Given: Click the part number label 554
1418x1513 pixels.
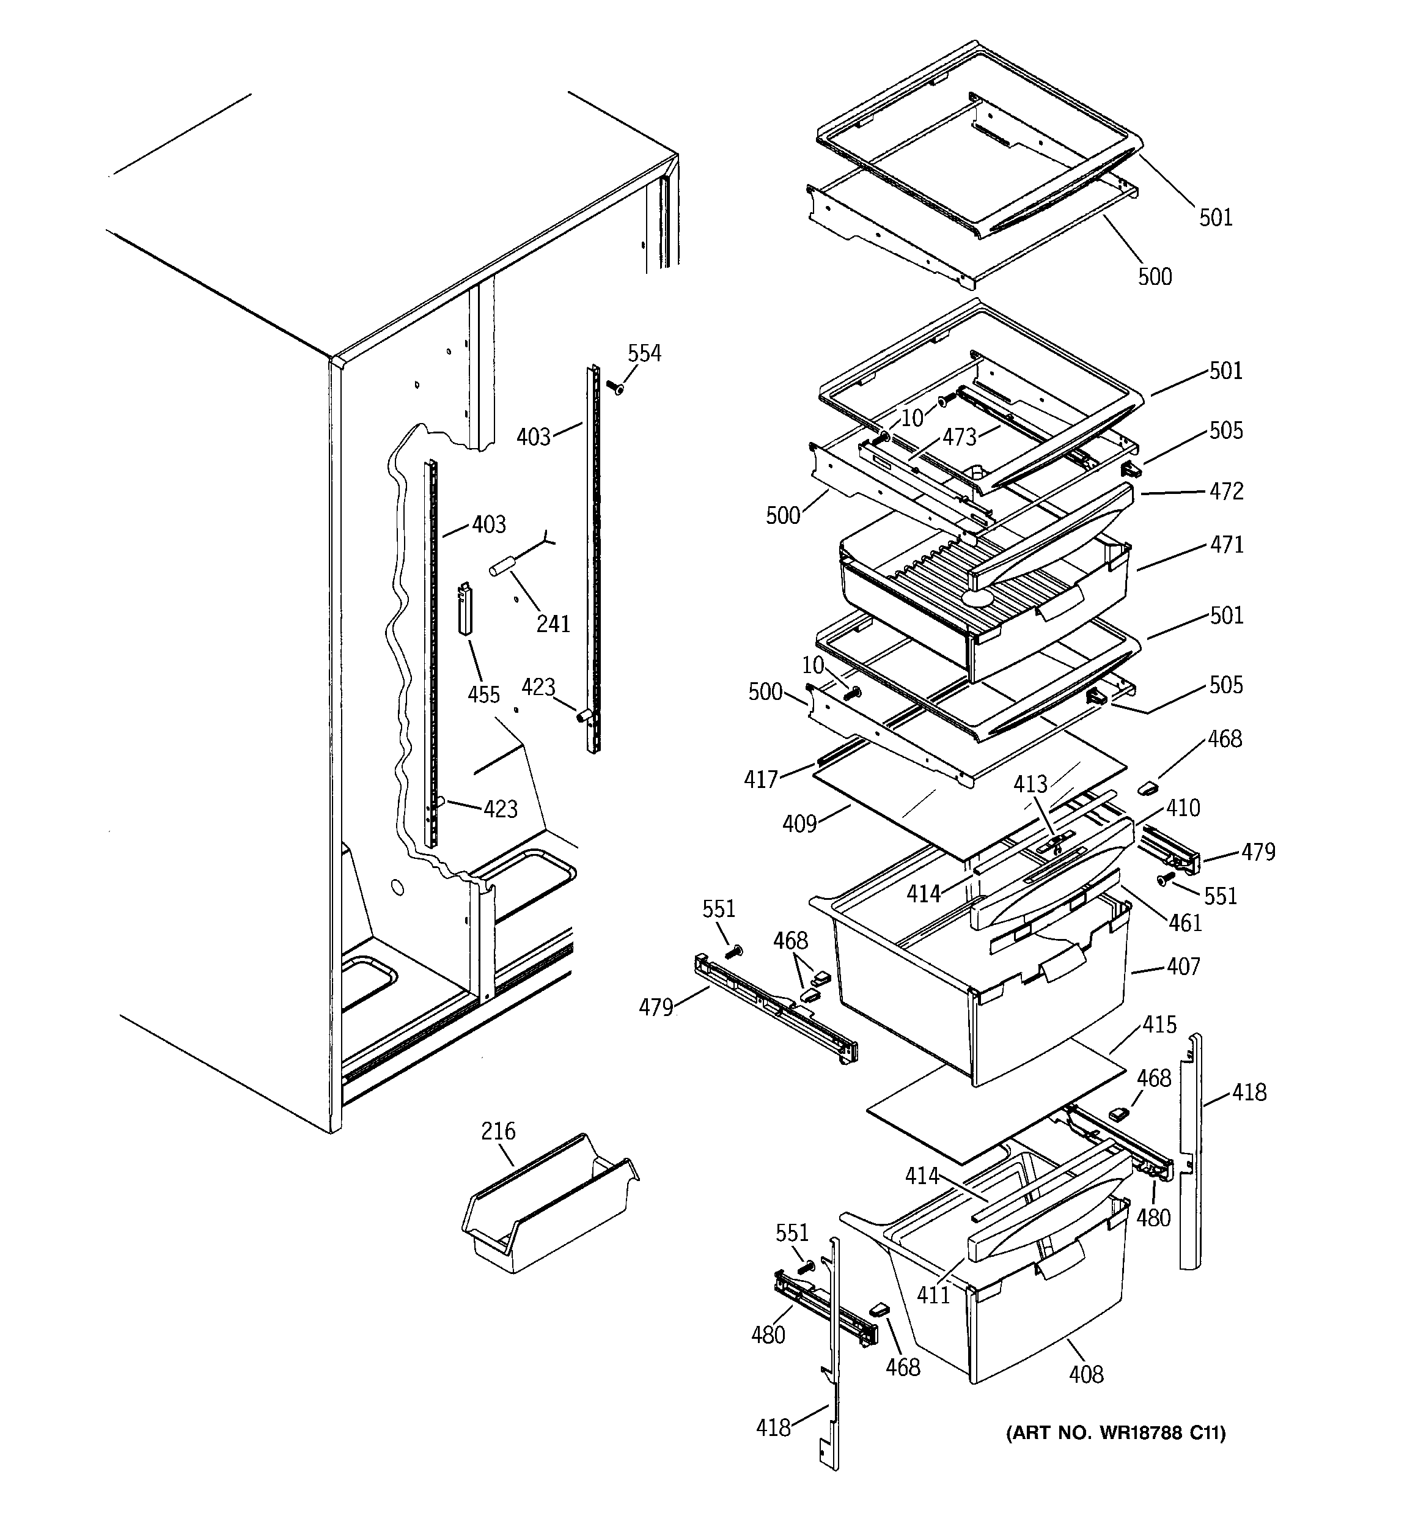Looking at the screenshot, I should tap(644, 353).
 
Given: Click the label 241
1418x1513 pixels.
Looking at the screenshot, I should tap(553, 624).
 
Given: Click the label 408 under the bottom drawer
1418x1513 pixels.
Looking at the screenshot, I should tap(1086, 1374).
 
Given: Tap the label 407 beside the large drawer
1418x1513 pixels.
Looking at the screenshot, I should tap(1183, 966).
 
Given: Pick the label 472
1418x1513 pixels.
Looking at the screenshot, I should tap(1226, 491).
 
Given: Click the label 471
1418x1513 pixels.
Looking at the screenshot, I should tap(1226, 544).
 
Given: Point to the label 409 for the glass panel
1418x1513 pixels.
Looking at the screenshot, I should tap(799, 823).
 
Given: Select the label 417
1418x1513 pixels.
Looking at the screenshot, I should tap(761, 779).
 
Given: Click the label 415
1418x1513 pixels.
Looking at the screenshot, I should tap(1159, 1025).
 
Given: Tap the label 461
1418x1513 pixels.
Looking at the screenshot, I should tap(1185, 922).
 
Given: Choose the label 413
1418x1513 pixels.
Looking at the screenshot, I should tap(1030, 784).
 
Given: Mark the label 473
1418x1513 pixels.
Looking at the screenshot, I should tap(959, 437).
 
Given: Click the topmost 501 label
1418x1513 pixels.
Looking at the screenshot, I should tap(1216, 218).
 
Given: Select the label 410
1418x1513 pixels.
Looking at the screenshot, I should tap(1183, 808).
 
